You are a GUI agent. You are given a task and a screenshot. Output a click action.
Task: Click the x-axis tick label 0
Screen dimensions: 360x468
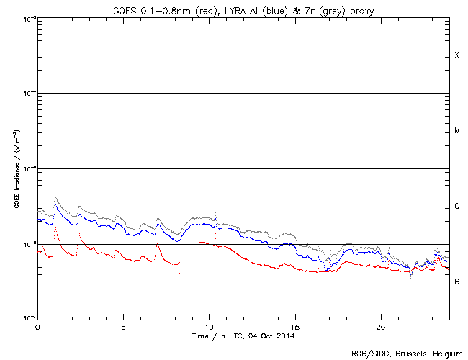click(37, 326)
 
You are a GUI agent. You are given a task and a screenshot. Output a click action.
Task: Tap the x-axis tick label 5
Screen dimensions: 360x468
click(123, 326)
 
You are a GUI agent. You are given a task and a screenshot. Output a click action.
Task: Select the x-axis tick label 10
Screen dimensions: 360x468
click(209, 326)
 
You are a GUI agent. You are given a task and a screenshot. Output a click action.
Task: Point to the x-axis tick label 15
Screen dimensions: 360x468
click(294, 326)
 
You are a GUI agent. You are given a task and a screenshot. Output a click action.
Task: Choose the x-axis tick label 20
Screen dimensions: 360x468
click(380, 326)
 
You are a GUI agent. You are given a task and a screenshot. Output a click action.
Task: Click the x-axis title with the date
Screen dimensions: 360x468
click(244, 336)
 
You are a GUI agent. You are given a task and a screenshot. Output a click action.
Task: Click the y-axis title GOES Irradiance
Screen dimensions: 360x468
click(15, 168)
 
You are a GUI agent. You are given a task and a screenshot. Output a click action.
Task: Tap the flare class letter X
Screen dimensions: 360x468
click(456, 55)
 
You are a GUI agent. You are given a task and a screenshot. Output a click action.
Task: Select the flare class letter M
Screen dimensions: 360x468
click(456, 131)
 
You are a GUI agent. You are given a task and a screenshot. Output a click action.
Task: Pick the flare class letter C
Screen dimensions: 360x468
click(456, 207)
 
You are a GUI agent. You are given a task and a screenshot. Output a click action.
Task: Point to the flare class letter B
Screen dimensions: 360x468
click(456, 282)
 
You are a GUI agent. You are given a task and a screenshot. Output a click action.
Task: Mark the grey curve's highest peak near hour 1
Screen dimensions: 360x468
click(55, 197)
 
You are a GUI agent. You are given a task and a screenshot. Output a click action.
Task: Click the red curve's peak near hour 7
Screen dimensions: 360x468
click(158, 245)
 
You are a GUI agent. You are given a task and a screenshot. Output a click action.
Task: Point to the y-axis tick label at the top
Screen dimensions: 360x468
click(27, 18)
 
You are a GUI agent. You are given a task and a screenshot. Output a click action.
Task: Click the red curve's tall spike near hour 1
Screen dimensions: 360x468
click(55, 228)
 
